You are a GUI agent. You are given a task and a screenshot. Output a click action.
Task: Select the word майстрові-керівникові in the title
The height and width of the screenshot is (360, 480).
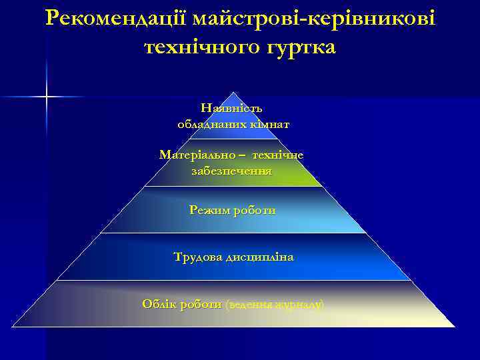[x=313, y=19]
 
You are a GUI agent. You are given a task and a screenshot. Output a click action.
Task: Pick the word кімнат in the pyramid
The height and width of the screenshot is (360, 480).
[x=269, y=124]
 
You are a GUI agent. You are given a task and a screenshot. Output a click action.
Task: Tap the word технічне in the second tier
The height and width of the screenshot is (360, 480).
[x=277, y=155]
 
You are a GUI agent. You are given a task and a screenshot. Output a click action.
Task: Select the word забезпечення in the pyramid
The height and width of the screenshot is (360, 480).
[x=231, y=171]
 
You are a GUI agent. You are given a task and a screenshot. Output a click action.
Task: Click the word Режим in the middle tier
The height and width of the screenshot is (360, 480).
[x=207, y=210]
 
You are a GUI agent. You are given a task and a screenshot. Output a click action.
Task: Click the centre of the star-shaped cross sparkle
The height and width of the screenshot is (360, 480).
[x=47, y=97]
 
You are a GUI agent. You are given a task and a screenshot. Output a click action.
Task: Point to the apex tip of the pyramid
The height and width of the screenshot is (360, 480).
[x=232, y=92]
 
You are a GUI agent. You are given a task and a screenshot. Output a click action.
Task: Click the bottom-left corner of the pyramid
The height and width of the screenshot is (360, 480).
[x=12, y=327]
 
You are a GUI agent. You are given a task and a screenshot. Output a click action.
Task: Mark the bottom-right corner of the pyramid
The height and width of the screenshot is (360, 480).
[x=455, y=327]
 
